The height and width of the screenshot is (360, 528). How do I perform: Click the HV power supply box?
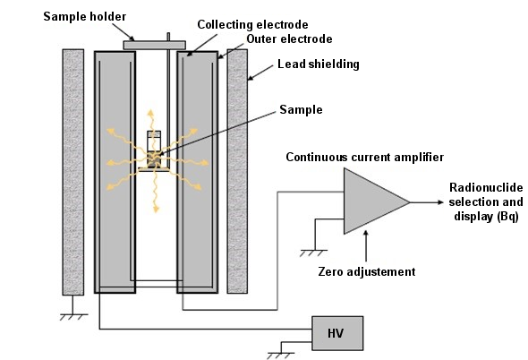coord(337,333)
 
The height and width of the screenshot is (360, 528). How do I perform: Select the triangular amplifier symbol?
coord(374,201)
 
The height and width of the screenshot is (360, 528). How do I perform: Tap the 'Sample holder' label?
coord(84,16)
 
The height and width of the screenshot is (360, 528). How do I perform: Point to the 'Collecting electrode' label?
coord(252,24)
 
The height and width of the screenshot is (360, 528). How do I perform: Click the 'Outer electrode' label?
coord(289,39)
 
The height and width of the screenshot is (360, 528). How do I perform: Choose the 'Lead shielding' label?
coord(319,64)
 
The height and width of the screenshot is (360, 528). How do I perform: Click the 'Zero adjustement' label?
coord(367,271)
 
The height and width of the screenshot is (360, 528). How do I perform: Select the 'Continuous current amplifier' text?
coord(365,157)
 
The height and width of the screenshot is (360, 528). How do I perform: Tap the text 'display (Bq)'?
coord(486,216)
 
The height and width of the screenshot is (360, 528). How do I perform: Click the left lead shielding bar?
coord(73,172)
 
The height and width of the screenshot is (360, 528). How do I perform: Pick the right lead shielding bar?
coord(237,171)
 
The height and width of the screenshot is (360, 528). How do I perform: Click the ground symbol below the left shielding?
coord(73,317)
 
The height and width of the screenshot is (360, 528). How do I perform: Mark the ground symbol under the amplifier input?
coord(313,253)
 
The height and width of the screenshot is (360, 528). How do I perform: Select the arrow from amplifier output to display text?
coord(427,202)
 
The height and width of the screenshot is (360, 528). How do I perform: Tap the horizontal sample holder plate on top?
coord(155,45)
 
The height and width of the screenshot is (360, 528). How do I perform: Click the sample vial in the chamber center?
coord(154,149)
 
